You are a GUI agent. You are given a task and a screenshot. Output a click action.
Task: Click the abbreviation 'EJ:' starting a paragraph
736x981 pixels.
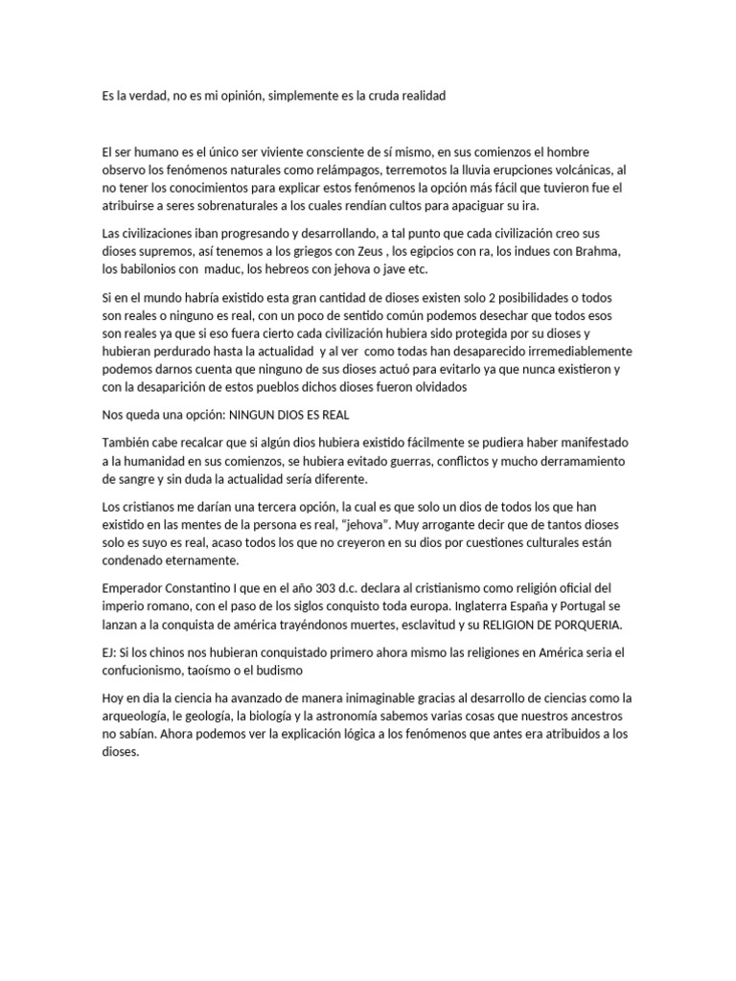coord(109,651)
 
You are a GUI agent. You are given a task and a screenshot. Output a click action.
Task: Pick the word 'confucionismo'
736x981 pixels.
coord(144,670)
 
